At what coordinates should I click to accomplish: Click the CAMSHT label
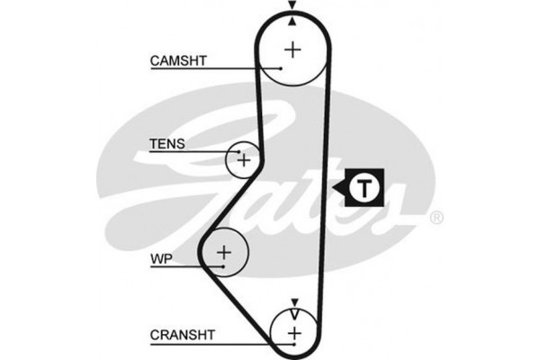click(178, 61)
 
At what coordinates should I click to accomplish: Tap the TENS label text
click(166, 143)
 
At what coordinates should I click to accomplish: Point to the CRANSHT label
click(182, 336)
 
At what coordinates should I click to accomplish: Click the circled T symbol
click(363, 188)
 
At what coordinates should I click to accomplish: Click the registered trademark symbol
click(436, 217)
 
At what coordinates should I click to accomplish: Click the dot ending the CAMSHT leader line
click(282, 68)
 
